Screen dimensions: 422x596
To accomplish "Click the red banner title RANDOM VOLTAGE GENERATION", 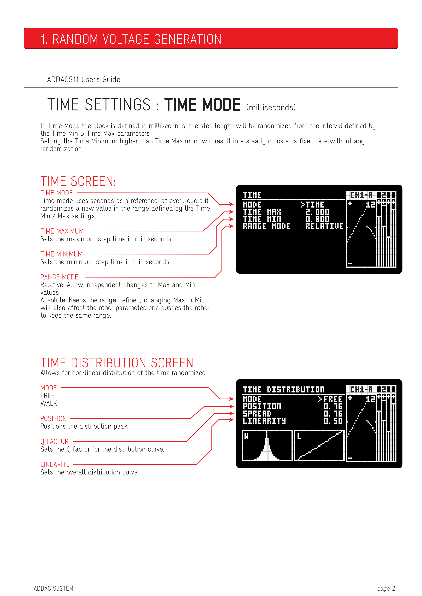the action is pyautogui.click(x=137, y=39).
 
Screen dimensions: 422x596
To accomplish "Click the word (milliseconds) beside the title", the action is pyautogui.click(x=271, y=107).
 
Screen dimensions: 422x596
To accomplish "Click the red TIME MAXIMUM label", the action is pyautogui.click(x=62, y=231).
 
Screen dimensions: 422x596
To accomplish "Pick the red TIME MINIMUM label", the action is pyautogui.click(x=62, y=254).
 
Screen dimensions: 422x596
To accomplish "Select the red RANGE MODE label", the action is pyautogui.click(x=60, y=277).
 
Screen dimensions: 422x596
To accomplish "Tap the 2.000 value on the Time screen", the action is pyautogui.click(x=317, y=212).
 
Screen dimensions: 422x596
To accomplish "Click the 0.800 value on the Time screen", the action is pyautogui.click(x=317, y=219).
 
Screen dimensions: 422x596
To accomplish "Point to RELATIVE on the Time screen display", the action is pyautogui.click(x=324, y=226).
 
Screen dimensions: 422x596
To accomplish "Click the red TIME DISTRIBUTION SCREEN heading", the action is pyautogui.click(x=117, y=363).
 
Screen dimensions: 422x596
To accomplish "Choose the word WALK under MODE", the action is pyautogui.click(x=49, y=403).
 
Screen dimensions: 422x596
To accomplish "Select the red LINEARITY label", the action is pyautogui.click(x=55, y=464).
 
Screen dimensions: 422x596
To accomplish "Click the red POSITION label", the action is pyautogui.click(x=54, y=418).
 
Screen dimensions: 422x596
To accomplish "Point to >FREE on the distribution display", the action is pyautogui.click(x=330, y=399).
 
